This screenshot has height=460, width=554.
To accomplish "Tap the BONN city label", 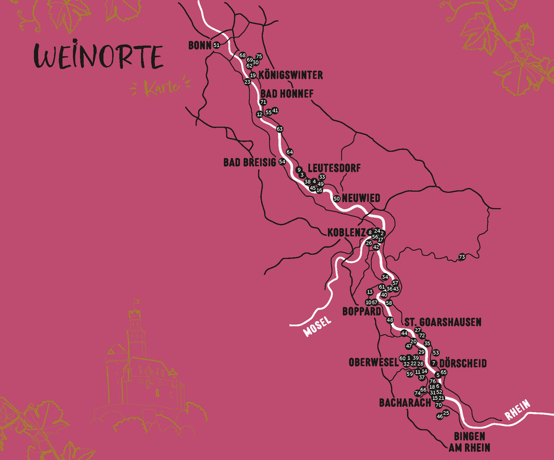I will tap(199, 46).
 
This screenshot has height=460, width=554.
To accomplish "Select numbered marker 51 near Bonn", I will tap(217, 45).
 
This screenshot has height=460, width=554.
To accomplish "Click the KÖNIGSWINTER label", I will tap(291, 75).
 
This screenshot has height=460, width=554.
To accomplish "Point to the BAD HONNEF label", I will tap(287, 94).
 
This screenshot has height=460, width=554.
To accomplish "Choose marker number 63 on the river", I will tap(280, 129).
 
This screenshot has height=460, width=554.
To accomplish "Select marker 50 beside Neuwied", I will tap(337, 199).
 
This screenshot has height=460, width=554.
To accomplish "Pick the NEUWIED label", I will tap(361, 198).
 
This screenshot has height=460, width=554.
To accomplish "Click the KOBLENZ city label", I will tap(347, 232).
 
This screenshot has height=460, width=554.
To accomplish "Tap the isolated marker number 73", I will tap(462, 257).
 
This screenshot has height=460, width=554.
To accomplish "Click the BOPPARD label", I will tap(361, 312).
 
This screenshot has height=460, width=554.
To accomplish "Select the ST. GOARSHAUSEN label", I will tap(442, 322).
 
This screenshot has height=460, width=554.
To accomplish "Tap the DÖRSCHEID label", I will tap(463, 363).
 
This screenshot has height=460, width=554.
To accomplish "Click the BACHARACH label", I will tap(405, 403).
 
